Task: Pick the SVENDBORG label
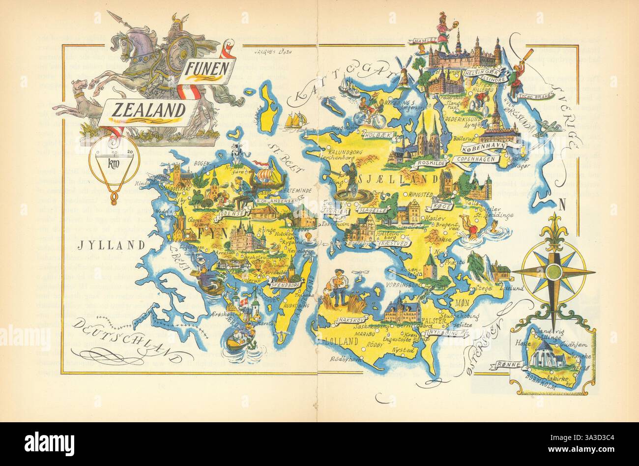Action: [285, 284]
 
